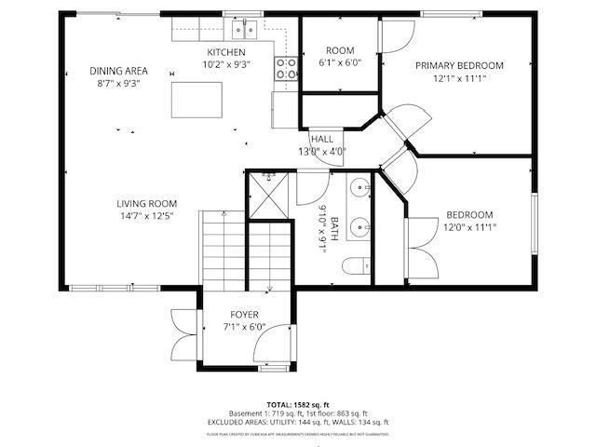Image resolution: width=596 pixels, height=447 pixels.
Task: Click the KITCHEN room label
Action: point(226,52)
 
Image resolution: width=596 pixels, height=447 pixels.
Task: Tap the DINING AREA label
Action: point(119,71)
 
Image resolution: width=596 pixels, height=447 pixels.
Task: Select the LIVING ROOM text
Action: point(146,204)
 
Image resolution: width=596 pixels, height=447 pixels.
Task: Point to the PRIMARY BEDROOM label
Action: point(459,65)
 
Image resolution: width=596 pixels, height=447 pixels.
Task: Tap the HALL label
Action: point(322,139)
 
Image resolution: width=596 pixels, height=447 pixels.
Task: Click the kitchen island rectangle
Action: point(197,99)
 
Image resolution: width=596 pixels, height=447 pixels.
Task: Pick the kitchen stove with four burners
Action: point(285,66)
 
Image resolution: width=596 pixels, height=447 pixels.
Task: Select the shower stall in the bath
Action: point(271,196)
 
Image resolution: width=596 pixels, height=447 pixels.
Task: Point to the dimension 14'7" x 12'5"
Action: point(146,217)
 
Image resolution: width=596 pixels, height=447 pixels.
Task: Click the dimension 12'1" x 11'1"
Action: point(459,78)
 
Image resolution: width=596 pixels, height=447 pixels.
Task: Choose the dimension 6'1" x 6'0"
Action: point(340,63)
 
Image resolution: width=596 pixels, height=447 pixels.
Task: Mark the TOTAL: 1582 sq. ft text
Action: point(298,405)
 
